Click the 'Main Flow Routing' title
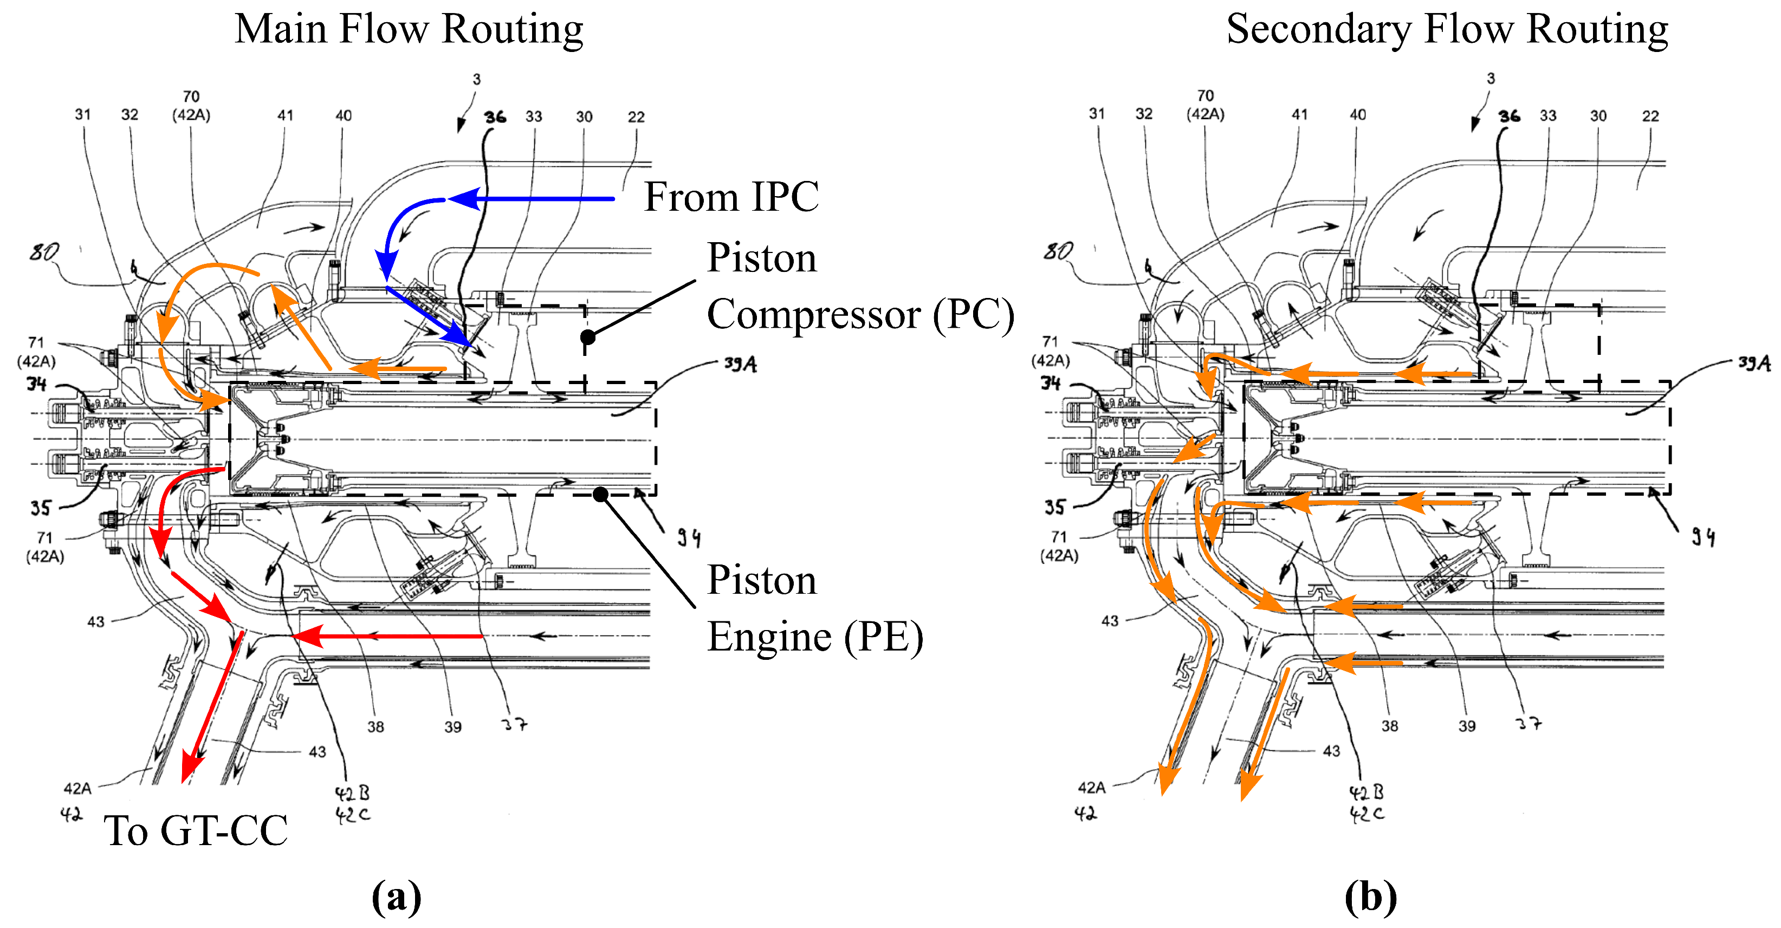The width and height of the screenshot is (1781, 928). pyautogui.click(x=409, y=29)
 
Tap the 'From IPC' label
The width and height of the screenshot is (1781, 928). pyautogui.click(x=731, y=197)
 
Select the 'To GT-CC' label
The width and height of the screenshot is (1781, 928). pyautogui.click(x=196, y=830)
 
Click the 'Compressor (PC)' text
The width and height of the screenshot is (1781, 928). pyautogui.click(x=859, y=315)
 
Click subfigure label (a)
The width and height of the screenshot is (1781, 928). pyautogui.click(x=396, y=897)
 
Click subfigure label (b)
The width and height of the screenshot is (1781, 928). pyautogui.click(x=1370, y=897)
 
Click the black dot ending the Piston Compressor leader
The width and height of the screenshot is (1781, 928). pyautogui.click(x=588, y=337)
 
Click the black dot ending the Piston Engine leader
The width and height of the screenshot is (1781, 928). pyautogui.click(x=601, y=494)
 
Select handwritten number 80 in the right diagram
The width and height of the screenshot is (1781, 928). pyautogui.click(x=1058, y=251)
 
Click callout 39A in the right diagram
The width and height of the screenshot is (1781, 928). pyautogui.click(x=1754, y=363)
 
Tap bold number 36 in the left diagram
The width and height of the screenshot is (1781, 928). pyautogui.click(x=495, y=117)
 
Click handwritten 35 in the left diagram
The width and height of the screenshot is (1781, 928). pyautogui.click(x=40, y=508)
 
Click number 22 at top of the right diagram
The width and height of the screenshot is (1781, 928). pyautogui.click(x=1650, y=116)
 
